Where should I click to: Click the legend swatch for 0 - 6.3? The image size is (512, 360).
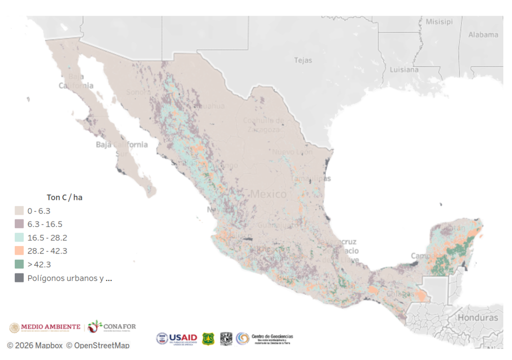[19, 211]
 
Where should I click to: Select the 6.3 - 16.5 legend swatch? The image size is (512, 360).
[19, 224]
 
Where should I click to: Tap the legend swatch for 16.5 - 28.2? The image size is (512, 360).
[19, 238]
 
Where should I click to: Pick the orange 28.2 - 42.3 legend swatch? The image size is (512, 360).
[19, 251]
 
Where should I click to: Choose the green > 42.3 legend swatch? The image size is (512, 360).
[19, 264]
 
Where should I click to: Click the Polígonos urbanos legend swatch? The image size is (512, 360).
[19, 278]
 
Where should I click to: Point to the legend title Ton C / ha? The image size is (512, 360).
[64, 197]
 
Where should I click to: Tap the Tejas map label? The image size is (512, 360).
[303, 60]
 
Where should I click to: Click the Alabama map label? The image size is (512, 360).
[483, 34]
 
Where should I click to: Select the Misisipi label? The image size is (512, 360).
[439, 21]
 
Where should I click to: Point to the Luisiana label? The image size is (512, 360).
[404, 69]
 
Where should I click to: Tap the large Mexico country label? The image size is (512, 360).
[269, 193]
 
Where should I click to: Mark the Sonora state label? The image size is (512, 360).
[138, 92]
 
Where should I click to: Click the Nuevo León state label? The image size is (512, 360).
[292, 151]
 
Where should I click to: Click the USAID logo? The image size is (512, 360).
[177, 338]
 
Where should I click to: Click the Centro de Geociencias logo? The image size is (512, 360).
[265, 338]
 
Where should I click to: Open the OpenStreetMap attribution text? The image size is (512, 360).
[98, 345]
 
